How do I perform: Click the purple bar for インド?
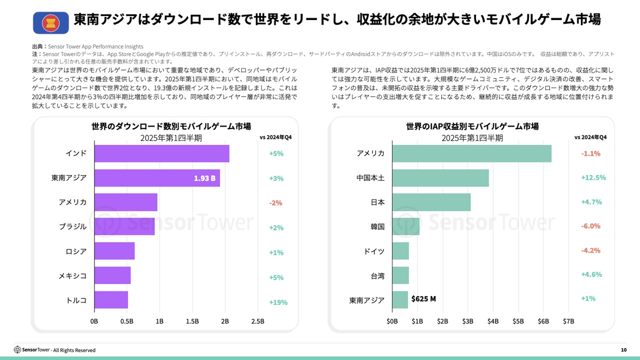point(161,153)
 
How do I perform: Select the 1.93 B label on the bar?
point(204,178)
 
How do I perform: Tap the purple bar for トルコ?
point(111,300)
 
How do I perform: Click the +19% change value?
point(278,302)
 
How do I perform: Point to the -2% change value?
point(275,203)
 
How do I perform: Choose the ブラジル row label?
point(72,226)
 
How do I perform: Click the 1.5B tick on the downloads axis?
point(192,321)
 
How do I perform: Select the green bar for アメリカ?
point(471,153)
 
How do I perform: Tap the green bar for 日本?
point(431,202)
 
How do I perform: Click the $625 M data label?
point(423,299)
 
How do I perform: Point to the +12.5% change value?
point(593,177)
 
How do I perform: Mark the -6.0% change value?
point(590,226)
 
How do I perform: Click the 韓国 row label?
point(377,226)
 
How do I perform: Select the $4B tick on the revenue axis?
point(493,321)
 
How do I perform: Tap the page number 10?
point(623,350)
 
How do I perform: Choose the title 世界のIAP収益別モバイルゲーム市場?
point(472,126)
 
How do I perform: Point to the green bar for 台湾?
point(400,275)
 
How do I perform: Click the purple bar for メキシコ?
point(112,275)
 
